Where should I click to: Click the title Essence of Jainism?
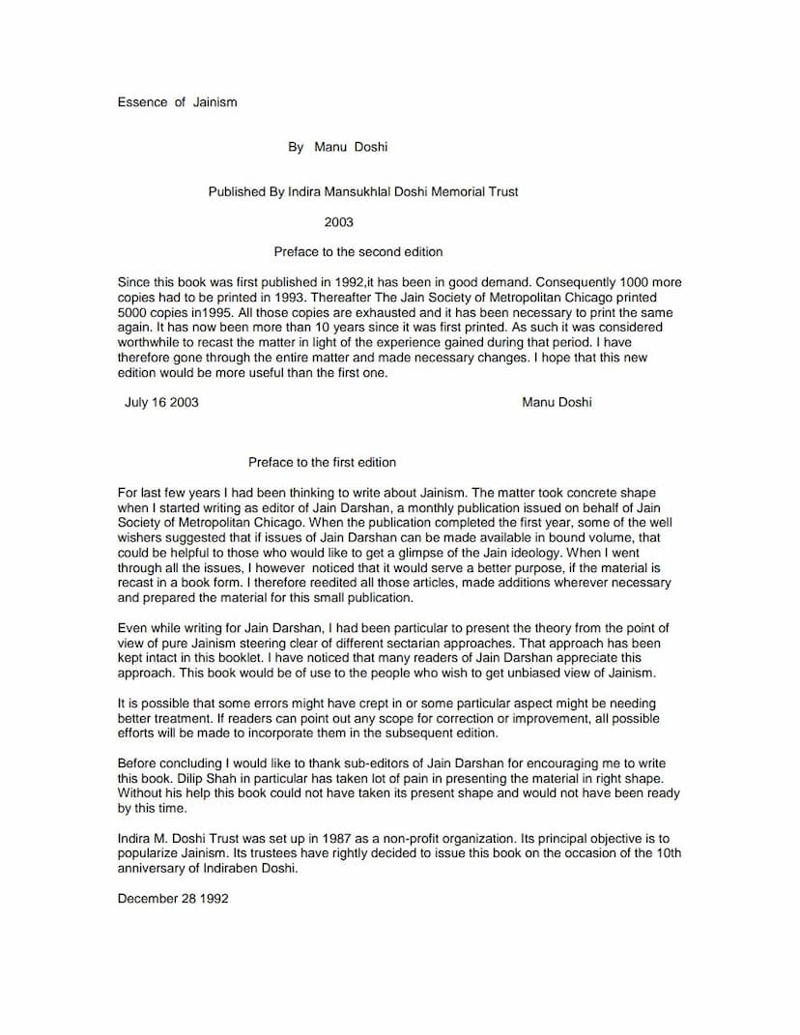177,102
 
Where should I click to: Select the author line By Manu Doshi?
337,147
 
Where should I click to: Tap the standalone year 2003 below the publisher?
338,222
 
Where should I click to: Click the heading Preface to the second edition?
357,252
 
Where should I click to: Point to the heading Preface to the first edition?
322,463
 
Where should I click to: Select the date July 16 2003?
161,402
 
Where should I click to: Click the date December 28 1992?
173,899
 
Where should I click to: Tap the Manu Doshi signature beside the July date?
557,402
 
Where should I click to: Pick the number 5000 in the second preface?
133,314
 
